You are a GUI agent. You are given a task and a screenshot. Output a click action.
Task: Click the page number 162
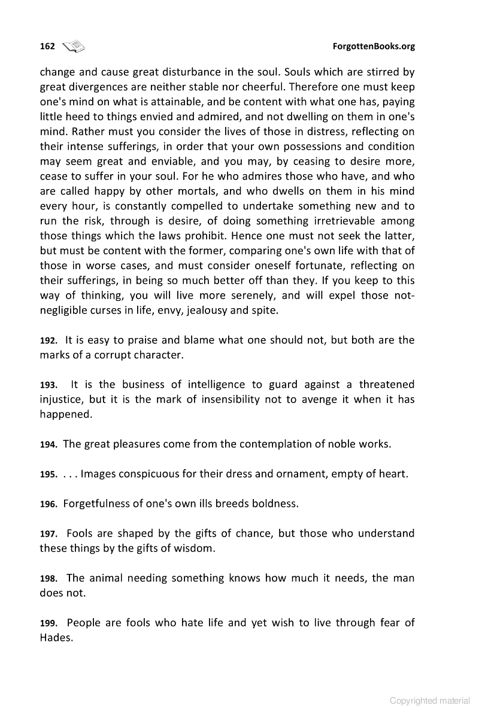(x=47, y=47)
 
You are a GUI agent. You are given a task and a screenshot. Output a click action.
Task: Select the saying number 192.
(x=48, y=341)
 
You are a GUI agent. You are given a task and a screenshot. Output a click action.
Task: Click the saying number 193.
(x=48, y=385)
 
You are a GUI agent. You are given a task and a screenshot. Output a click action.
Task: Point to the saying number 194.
(x=48, y=445)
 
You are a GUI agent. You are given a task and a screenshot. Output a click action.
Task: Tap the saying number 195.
(x=48, y=474)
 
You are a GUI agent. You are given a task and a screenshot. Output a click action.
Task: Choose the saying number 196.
(x=48, y=504)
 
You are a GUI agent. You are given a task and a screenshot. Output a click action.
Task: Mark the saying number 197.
(x=48, y=534)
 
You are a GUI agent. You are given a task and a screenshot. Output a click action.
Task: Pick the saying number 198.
(x=48, y=579)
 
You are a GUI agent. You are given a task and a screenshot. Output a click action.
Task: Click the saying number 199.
(x=48, y=624)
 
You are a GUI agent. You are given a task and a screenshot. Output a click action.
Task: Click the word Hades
(x=56, y=638)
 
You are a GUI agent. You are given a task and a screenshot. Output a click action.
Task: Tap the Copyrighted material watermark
(x=430, y=700)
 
